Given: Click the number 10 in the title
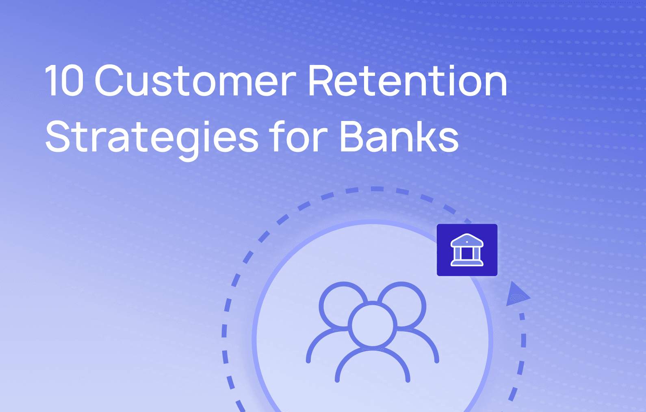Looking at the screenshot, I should pos(64,81).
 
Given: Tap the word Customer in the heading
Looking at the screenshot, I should pos(195,81).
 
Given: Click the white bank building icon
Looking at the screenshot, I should pos(467,250).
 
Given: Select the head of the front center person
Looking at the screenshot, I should pos(373,326).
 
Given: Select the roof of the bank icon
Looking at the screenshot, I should pos(467,241).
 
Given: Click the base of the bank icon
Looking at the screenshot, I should pos(467,263).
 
